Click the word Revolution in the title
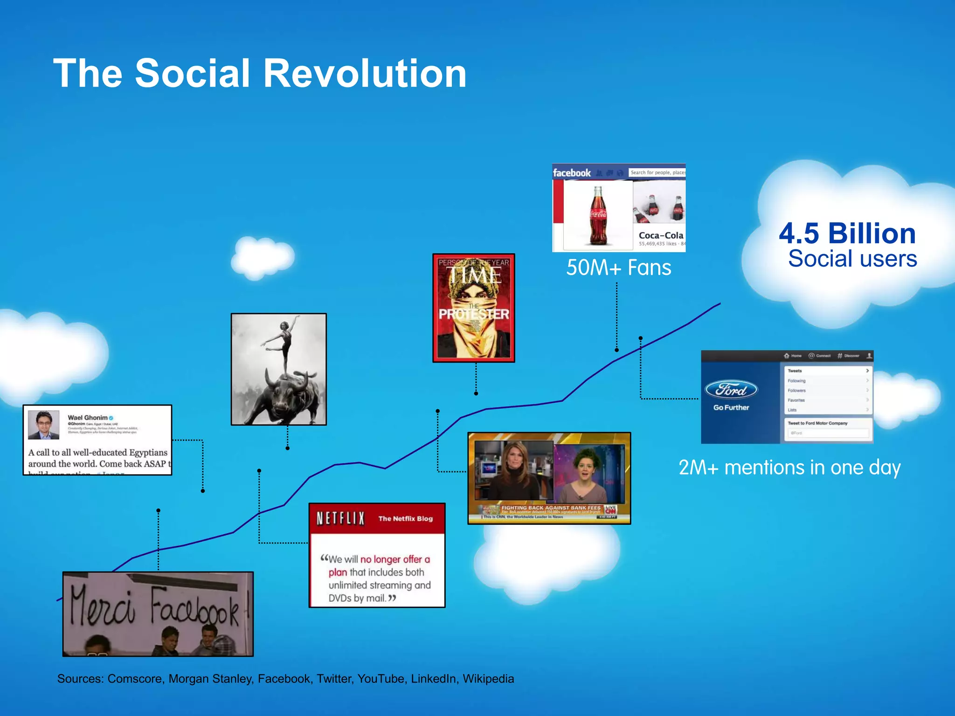[365, 74]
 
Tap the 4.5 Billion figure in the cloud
[847, 233]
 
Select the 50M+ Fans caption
[618, 268]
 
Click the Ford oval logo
[731, 390]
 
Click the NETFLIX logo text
[340, 518]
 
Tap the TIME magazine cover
[473, 308]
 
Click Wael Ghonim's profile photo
[43, 425]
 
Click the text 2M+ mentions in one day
[789, 468]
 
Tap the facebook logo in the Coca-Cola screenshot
[572, 173]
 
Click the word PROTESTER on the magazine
[473, 314]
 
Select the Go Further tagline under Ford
[731, 407]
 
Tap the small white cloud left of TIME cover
[262, 257]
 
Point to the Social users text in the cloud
[852, 259]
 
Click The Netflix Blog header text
[405, 518]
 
